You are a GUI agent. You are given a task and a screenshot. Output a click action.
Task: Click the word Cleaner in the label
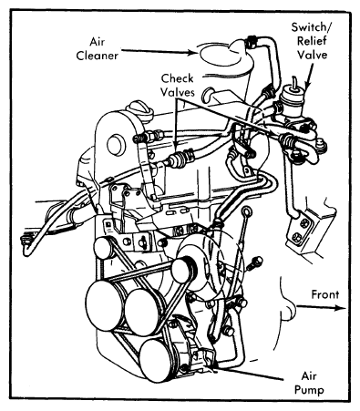point(97,56)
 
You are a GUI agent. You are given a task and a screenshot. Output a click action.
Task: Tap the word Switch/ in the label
point(312,27)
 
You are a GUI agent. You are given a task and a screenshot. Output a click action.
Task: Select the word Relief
point(312,41)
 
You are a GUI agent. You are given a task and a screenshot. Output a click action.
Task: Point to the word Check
point(177,78)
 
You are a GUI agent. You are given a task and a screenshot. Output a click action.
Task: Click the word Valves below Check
point(178,92)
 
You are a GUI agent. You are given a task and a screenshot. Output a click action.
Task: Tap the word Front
point(325,294)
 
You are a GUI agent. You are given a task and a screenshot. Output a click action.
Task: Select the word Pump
point(309,390)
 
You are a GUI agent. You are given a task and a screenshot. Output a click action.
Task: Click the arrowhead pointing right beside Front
point(341,308)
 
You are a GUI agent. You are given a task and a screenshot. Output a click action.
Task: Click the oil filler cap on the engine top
point(140,109)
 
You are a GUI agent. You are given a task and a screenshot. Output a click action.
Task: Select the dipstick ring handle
point(246,211)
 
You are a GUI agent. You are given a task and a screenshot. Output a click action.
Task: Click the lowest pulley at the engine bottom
point(156,360)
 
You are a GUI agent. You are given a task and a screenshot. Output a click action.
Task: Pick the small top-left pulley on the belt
point(103,248)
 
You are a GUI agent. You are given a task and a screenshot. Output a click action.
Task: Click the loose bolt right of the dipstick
point(254,264)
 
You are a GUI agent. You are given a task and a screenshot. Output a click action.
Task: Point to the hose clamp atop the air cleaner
point(251,42)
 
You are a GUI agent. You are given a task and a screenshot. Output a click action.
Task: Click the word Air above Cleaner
point(97,42)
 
